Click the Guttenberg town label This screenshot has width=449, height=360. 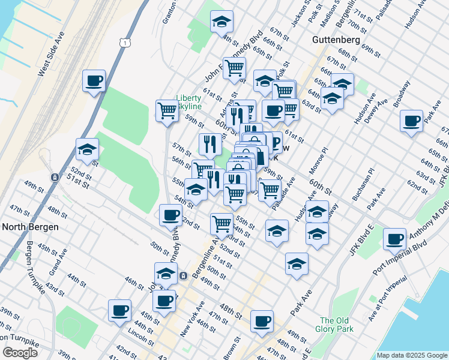pyautogui.click(x=336, y=40)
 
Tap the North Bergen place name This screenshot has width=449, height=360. pyautogui.click(x=30, y=227)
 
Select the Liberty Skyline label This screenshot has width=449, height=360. pyautogui.click(x=188, y=102)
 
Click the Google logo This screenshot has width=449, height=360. pyautogui.click(x=20, y=353)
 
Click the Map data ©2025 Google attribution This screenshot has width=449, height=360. pyautogui.click(x=412, y=355)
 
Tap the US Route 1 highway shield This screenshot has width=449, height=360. pyautogui.click(x=124, y=42)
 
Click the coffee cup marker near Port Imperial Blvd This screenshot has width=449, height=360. pyautogui.click(x=394, y=239)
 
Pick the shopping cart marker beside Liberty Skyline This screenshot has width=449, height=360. pyautogui.click(x=167, y=110)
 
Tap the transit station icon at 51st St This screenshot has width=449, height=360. pyautogui.click(x=55, y=178)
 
